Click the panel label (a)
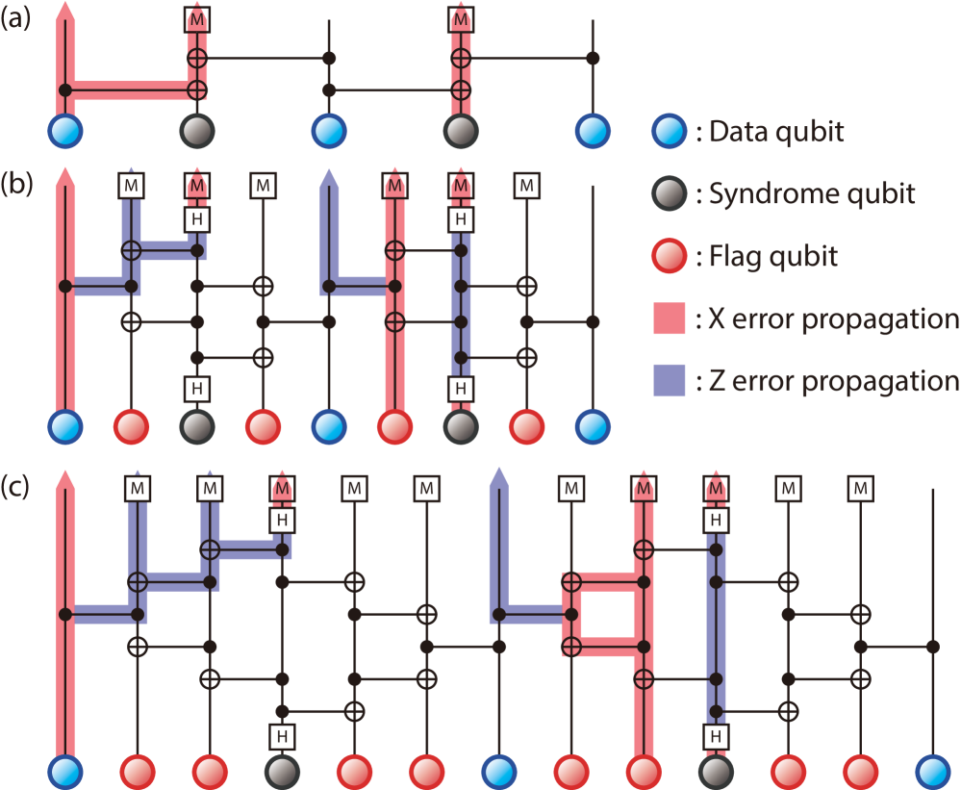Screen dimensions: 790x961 (15, 19)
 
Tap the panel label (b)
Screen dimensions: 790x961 (15, 183)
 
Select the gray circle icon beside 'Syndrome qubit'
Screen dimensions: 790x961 (669, 194)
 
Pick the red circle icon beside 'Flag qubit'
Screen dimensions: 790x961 (669, 256)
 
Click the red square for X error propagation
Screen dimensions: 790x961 (669, 319)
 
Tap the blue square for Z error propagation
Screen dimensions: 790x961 (669, 381)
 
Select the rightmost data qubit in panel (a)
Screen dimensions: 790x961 (593, 131)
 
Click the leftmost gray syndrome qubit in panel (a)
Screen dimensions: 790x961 (196, 131)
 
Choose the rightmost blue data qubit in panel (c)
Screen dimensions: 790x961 (932, 772)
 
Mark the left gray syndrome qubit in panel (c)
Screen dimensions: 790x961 (282, 772)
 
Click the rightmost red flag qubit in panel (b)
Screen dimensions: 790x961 (525, 424)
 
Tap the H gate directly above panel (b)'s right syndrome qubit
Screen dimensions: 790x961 (462, 389)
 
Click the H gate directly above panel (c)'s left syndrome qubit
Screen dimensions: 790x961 (282, 736)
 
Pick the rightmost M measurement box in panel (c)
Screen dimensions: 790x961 (860, 489)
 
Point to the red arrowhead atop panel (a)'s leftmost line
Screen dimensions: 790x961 (64, 12)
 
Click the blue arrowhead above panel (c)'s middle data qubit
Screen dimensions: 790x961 (498, 477)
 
